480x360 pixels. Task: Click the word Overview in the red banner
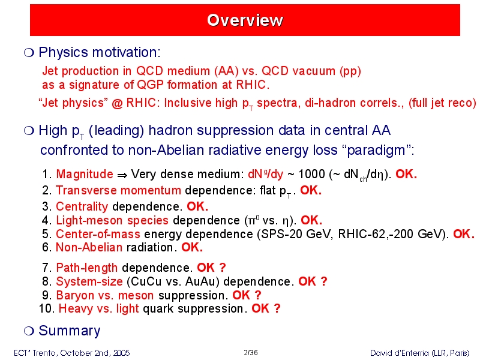click(245, 20)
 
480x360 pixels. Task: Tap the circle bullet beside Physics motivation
click(29, 53)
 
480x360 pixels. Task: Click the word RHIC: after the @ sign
click(142, 103)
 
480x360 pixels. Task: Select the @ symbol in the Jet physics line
click(117, 103)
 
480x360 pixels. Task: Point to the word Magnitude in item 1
click(85, 174)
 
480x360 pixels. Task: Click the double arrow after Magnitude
click(122, 175)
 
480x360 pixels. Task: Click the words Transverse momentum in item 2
click(118, 190)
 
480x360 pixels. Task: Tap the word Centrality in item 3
click(82, 206)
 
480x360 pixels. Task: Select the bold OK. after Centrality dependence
click(197, 206)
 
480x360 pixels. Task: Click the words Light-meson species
click(112, 220)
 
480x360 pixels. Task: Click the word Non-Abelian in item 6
click(89, 247)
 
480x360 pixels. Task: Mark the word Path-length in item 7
click(87, 268)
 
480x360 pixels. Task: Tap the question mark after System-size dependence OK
click(324, 281)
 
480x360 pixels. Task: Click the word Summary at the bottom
click(70, 331)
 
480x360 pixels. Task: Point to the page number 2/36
click(251, 353)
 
